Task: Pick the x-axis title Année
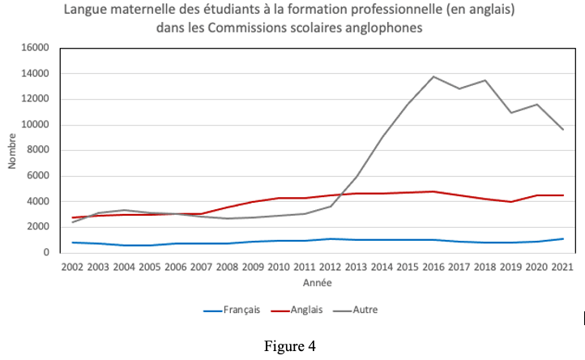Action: [x=317, y=283]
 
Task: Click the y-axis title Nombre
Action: [x=12, y=151]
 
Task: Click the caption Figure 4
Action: [x=289, y=345]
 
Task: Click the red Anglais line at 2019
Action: [x=510, y=202]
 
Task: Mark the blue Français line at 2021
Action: [x=562, y=238]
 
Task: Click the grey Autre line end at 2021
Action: [x=562, y=129]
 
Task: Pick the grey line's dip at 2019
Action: [x=510, y=113]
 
